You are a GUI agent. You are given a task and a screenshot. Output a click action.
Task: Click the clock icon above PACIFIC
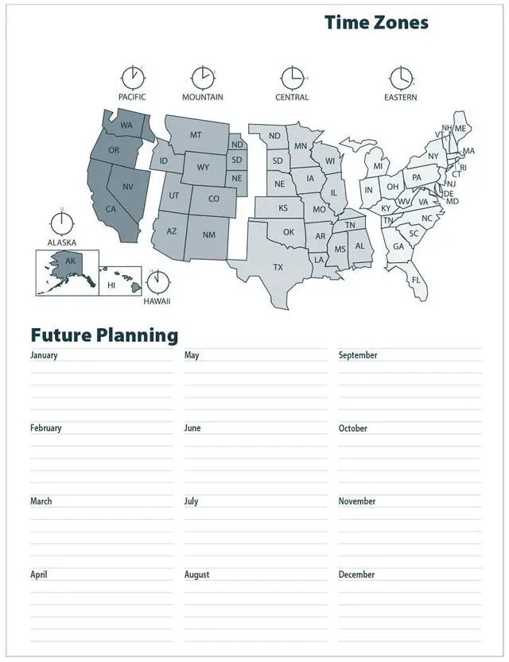tap(132, 78)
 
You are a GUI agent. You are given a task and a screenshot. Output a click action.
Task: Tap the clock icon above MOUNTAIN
tap(203, 78)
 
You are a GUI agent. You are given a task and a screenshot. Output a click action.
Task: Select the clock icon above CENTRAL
tap(292, 78)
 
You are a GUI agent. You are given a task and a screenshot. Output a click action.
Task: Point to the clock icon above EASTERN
tap(401, 78)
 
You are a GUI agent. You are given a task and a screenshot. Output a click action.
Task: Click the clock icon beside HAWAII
tap(158, 282)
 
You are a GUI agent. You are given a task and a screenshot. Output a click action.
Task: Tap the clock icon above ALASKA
tap(60, 220)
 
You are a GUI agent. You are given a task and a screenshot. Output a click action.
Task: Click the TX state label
tap(278, 267)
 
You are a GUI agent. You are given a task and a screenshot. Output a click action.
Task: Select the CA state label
tap(111, 209)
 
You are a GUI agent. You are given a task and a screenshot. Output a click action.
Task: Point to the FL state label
tap(416, 280)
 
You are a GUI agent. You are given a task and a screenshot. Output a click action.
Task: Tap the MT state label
tap(196, 135)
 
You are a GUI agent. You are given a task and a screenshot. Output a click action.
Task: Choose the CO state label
tap(213, 199)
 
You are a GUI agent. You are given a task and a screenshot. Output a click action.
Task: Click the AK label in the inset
tap(70, 261)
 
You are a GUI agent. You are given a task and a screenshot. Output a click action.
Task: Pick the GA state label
tap(398, 246)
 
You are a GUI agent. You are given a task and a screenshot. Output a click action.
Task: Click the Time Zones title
tap(376, 22)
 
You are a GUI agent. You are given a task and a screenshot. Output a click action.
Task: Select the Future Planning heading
tap(104, 335)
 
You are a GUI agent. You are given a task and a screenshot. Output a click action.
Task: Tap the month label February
tap(46, 428)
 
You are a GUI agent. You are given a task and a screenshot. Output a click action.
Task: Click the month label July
tap(192, 501)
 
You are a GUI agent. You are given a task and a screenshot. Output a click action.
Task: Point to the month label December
tap(356, 575)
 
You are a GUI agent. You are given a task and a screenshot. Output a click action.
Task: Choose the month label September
tap(358, 355)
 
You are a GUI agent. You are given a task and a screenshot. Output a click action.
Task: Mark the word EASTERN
tap(400, 98)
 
